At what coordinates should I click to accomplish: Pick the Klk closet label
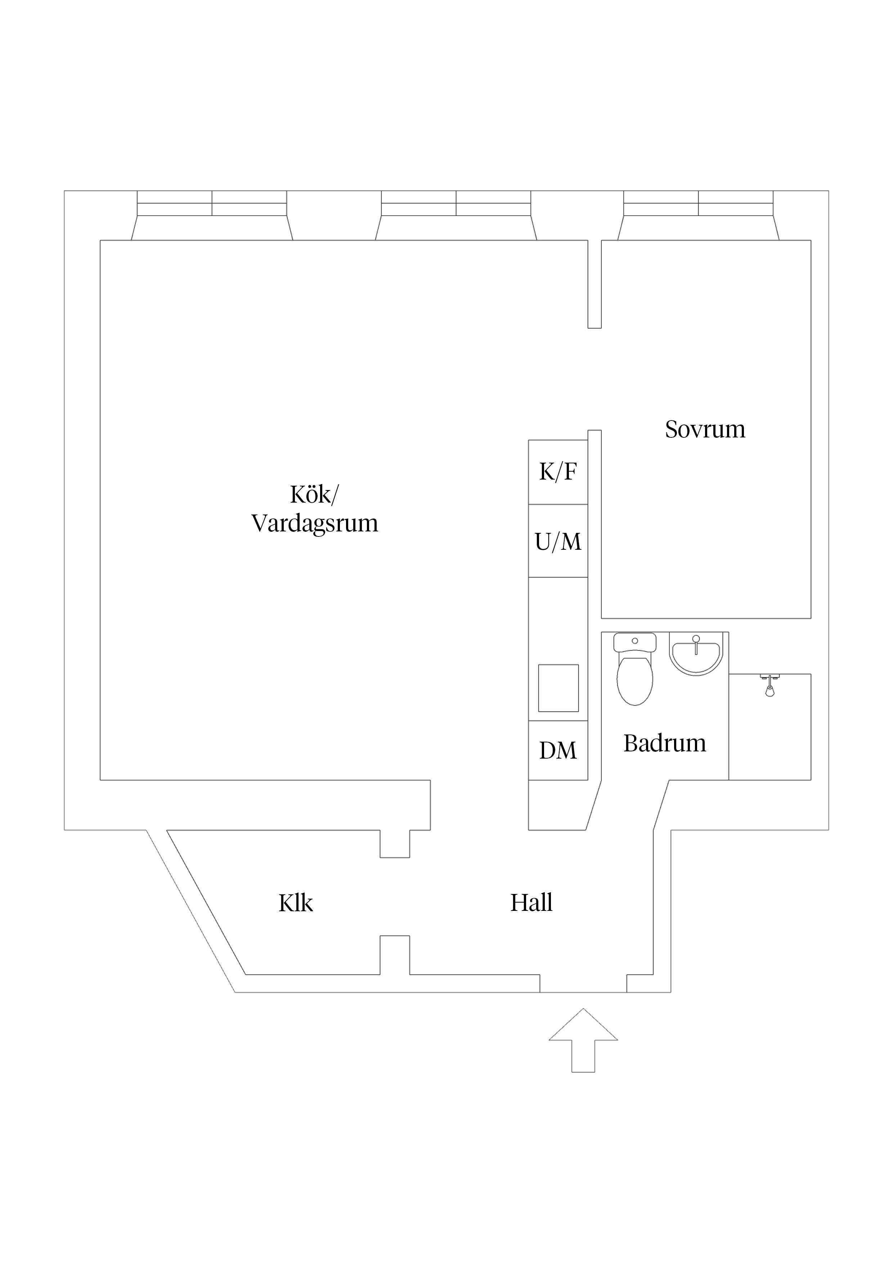click(x=296, y=903)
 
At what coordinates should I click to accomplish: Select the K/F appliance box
click(x=558, y=472)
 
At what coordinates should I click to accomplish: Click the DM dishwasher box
click(x=558, y=750)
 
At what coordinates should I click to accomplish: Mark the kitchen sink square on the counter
click(x=558, y=688)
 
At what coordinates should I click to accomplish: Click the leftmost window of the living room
click(x=212, y=203)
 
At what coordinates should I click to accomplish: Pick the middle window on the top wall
click(x=456, y=203)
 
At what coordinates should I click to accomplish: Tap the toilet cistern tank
click(x=634, y=642)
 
